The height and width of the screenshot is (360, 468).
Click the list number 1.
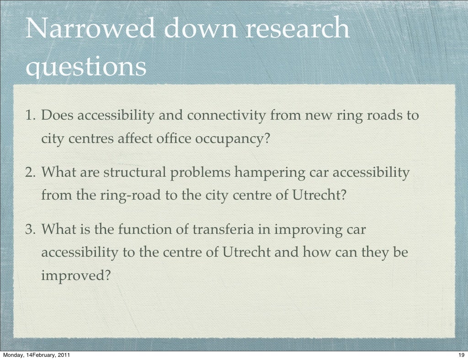point(31,116)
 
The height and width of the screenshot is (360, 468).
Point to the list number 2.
point(31,173)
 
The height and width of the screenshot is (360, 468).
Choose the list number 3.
point(31,229)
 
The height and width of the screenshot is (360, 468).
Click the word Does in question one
point(58,116)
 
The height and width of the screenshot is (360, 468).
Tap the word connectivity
point(227,116)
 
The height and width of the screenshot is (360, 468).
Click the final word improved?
point(76,275)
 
